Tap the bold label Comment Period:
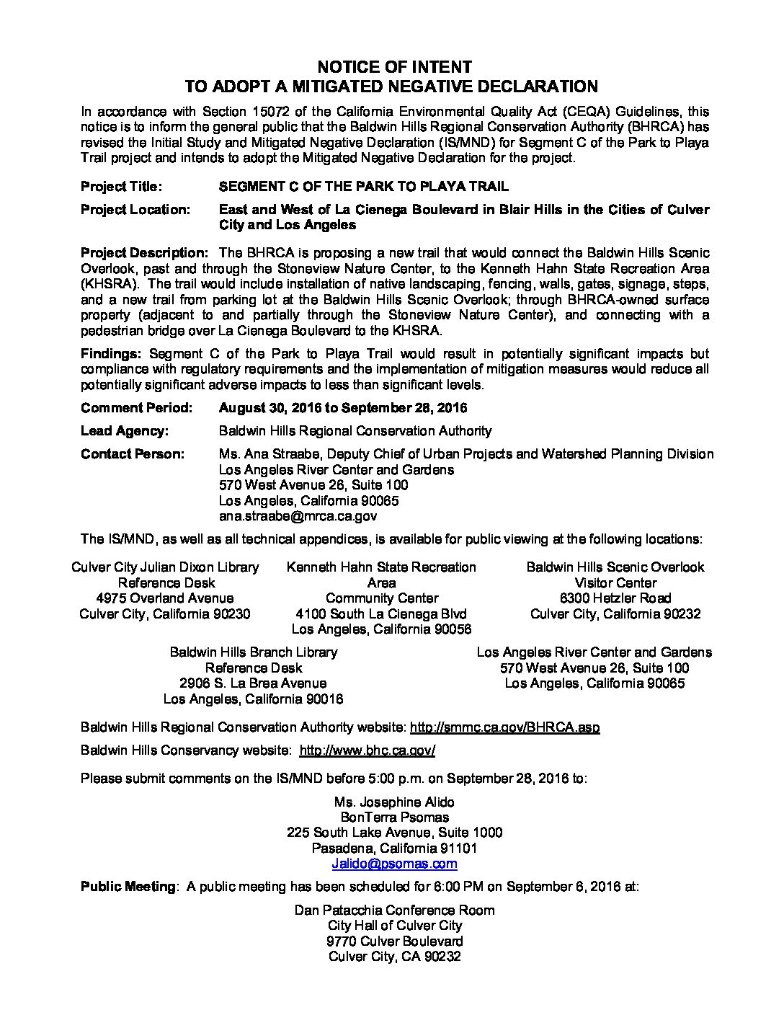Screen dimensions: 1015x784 point(136,408)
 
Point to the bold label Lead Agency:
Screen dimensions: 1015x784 point(125,431)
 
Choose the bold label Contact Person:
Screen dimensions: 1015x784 point(133,454)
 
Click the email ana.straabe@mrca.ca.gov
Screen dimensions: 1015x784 point(298,516)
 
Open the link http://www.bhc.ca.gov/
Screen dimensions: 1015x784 point(367,750)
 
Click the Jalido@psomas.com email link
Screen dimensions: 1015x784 point(394,864)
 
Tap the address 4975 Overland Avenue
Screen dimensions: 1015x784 point(165,598)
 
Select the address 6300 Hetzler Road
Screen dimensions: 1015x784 point(615,598)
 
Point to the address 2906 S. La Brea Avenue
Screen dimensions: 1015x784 point(253,683)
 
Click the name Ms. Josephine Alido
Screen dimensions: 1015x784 point(394,802)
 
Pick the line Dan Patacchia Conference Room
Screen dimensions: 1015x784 point(394,910)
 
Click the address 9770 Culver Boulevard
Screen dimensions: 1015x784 point(394,941)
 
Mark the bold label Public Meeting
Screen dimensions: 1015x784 point(128,887)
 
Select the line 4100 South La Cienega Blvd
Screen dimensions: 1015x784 point(381,614)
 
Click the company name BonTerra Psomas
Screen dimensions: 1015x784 point(394,817)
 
